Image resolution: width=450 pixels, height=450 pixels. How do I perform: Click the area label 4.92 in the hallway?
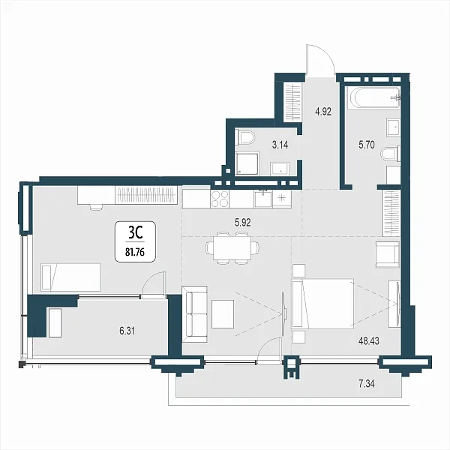tap(323, 111)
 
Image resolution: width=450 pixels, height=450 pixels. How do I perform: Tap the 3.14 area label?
tap(280, 145)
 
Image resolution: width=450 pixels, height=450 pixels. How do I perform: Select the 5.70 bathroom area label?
tap(367, 145)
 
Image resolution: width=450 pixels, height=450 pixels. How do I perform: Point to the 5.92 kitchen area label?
tap(243, 223)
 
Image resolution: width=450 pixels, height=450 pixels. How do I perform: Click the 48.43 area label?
tap(369, 341)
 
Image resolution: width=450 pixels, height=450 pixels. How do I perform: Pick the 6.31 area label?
tap(127, 331)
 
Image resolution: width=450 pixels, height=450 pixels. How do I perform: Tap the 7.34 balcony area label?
tap(367, 384)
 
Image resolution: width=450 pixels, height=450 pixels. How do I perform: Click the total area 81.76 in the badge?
tap(135, 252)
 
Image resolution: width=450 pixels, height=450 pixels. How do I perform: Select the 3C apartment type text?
tap(136, 233)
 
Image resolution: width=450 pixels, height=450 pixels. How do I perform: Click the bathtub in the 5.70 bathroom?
tap(373, 97)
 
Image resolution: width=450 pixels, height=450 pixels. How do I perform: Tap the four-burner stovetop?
tap(220, 199)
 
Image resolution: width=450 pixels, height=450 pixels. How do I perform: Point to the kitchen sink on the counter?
tap(263, 199)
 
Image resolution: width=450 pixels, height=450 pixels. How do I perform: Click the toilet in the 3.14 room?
tap(244, 137)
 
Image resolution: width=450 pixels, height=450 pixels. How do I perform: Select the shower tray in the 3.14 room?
tap(247, 163)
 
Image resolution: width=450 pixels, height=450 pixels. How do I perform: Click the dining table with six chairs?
tap(232, 248)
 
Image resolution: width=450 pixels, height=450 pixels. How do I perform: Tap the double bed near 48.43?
tap(322, 303)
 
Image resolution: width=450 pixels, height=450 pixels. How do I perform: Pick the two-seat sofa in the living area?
tap(194, 314)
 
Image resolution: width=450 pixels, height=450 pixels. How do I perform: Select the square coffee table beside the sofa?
tap(223, 314)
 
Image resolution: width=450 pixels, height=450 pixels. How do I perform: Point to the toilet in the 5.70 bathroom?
tap(391, 154)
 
